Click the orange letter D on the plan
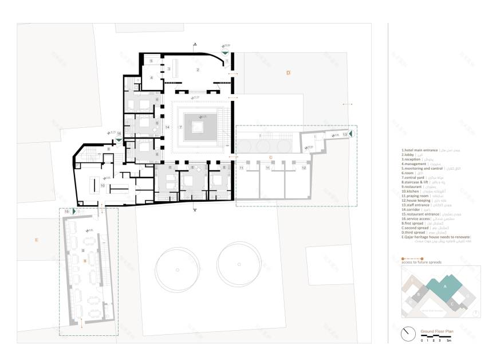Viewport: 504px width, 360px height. point(289,73)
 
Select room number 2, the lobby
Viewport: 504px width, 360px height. point(198,70)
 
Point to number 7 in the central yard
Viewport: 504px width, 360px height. point(180,126)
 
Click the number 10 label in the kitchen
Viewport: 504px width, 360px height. point(103,186)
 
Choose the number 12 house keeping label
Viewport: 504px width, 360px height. point(304,168)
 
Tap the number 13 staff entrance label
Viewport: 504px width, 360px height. point(345,135)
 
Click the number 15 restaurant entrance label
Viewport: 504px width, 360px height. point(67,212)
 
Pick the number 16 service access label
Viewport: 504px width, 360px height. point(119,134)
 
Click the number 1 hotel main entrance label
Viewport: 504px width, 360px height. point(227,60)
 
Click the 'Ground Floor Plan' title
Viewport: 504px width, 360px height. point(437,332)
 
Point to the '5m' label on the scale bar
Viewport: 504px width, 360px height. point(450,341)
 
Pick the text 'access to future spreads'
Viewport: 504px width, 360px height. point(422,263)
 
